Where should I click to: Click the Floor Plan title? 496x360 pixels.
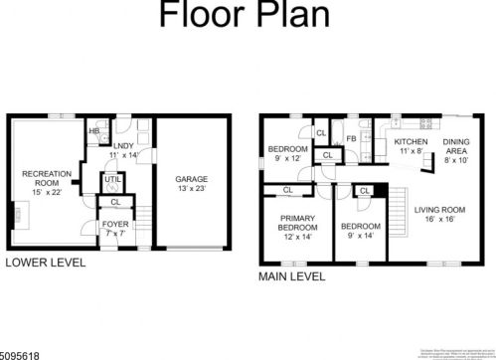(x=248, y=18)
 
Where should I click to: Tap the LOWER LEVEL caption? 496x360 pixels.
(x=46, y=264)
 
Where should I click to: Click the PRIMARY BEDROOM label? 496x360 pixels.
(x=297, y=225)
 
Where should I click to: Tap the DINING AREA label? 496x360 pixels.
(x=456, y=148)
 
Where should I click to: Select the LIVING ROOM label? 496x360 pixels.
(x=440, y=214)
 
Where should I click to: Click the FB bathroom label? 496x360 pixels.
(x=351, y=138)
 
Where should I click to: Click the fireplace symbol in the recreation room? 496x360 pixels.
(x=17, y=212)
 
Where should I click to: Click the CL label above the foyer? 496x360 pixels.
(x=115, y=203)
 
